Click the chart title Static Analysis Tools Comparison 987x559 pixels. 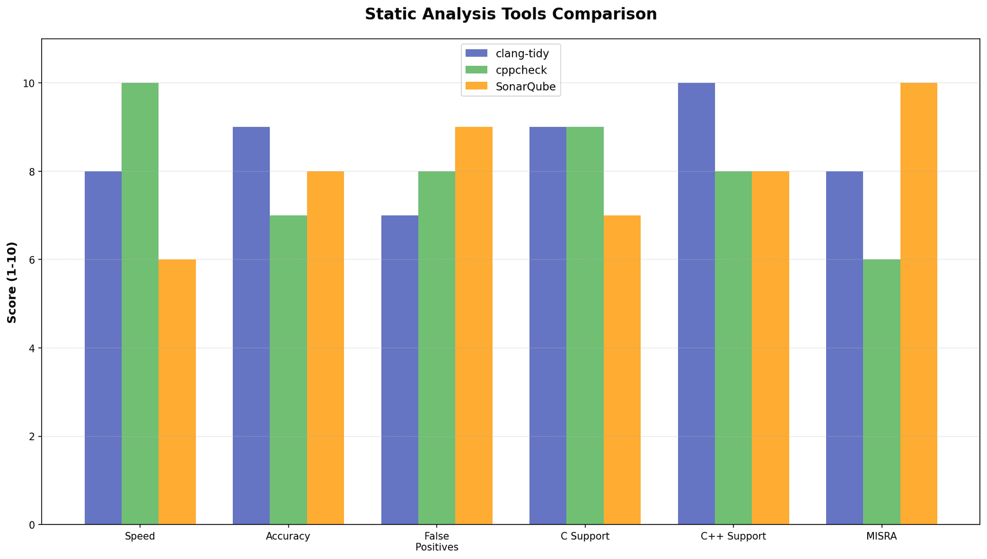point(510,14)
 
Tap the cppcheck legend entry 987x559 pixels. point(521,70)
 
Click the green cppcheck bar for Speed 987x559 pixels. point(140,303)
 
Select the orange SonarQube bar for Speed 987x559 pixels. point(177,392)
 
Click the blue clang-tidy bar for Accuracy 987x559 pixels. point(251,326)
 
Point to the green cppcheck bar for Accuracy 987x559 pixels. point(288,370)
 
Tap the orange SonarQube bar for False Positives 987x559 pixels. point(474,326)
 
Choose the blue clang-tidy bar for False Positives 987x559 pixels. point(399,370)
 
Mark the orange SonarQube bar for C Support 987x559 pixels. point(622,370)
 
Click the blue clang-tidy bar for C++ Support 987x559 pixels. point(696,303)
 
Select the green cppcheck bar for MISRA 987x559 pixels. point(882,392)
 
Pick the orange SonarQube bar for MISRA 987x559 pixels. point(919,303)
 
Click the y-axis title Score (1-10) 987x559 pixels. point(12,282)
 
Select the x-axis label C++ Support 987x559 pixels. point(733,537)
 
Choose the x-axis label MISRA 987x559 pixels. point(881,537)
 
